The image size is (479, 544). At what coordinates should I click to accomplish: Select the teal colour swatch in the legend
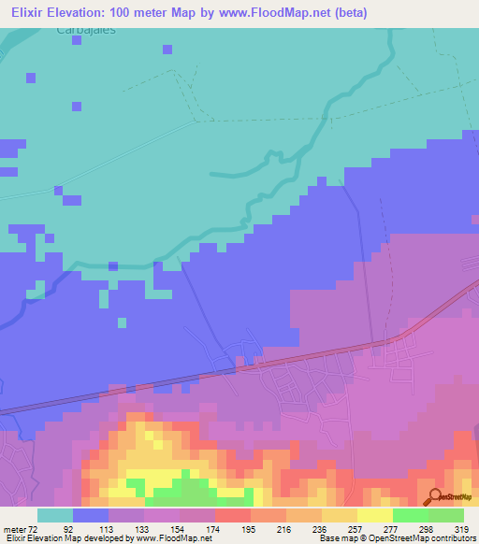55,515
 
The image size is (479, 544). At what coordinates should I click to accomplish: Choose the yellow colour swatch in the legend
374,515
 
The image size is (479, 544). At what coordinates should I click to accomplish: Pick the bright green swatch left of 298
410,515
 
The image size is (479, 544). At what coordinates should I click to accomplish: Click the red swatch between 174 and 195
232,515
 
